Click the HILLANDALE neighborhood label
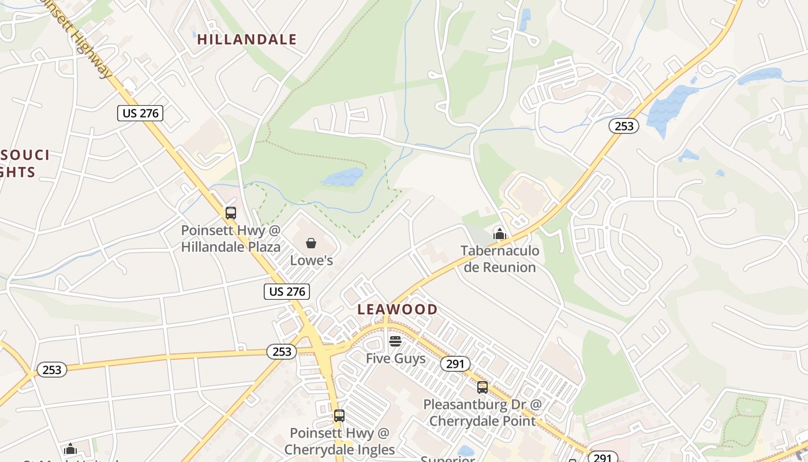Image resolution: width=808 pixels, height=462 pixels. [x=246, y=39]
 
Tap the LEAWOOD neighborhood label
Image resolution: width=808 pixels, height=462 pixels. [x=397, y=309]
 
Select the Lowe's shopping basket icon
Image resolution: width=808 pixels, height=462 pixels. [x=311, y=243]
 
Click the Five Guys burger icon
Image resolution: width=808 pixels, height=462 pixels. [x=395, y=341]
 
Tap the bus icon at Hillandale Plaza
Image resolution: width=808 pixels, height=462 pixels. [x=231, y=213]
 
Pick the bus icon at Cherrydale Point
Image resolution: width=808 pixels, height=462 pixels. [x=482, y=387]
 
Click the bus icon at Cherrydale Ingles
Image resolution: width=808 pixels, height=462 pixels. [x=339, y=415]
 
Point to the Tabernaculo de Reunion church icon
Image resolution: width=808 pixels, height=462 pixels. [x=499, y=233]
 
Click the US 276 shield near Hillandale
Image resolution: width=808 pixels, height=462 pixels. [x=140, y=113]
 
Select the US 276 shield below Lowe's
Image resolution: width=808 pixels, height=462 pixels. [x=287, y=292]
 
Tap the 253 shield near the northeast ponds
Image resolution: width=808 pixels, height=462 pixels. [x=624, y=126]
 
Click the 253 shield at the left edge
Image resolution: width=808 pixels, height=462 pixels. [x=52, y=370]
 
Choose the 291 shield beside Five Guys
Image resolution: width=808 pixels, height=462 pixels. [x=456, y=364]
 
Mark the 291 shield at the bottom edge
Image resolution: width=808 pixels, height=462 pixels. [x=602, y=457]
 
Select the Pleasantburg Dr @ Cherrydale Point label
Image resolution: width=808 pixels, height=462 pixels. [x=482, y=412]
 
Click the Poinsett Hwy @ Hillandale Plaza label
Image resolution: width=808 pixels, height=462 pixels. [x=231, y=239]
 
